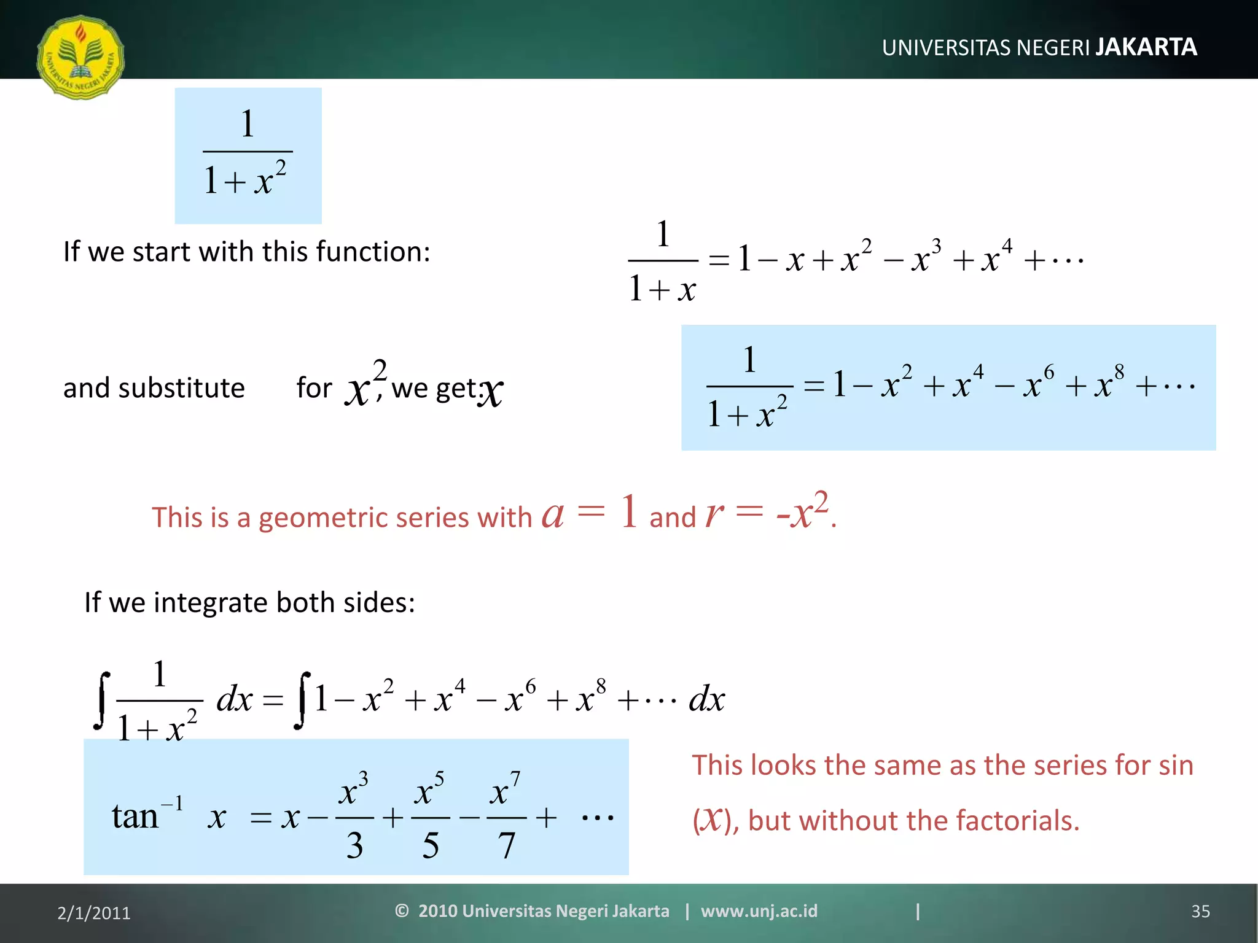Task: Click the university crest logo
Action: click(80, 57)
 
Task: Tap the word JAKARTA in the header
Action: click(1146, 47)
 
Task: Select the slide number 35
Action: click(1200, 911)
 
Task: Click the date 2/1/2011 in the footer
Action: click(94, 913)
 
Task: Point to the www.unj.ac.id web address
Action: click(759, 910)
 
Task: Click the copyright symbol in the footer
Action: click(402, 910)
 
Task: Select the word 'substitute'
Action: click(181, 388)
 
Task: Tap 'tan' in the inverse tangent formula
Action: click(135, 817)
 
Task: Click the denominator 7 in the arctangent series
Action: click(506, 845)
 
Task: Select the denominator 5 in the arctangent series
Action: click(430, 845)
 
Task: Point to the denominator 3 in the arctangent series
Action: click(354, 845)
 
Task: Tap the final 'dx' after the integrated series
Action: click(706, 699)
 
